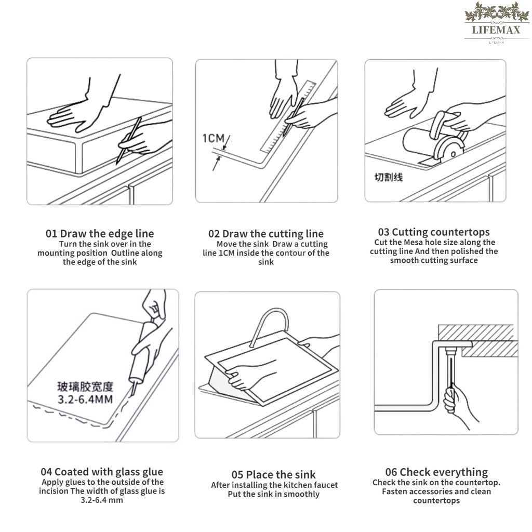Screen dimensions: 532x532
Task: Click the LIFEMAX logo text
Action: [x=496, y=30]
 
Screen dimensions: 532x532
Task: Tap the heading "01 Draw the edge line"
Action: [x=100, y=233]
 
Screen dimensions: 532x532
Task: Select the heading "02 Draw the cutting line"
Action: [x=265, y=234]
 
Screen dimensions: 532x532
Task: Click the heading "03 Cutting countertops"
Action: [x=434, y=232]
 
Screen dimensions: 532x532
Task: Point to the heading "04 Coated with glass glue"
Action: [x=102, y=472]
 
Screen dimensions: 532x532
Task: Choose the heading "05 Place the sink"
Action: [x=273, y=475]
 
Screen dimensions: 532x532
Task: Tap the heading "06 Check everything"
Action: [x=436, y=472]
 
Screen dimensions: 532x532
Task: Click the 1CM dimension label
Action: [x=214, y=138]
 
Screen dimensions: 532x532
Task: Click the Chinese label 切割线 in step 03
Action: [x=389, y=177]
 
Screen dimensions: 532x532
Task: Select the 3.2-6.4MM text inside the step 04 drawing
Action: [x=85, y=400]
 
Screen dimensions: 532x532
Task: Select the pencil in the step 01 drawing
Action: [x=129, y=140]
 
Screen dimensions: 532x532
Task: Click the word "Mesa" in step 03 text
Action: [x=413, y=243]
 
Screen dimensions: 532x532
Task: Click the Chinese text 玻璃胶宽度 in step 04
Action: [x=85, y=387]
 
